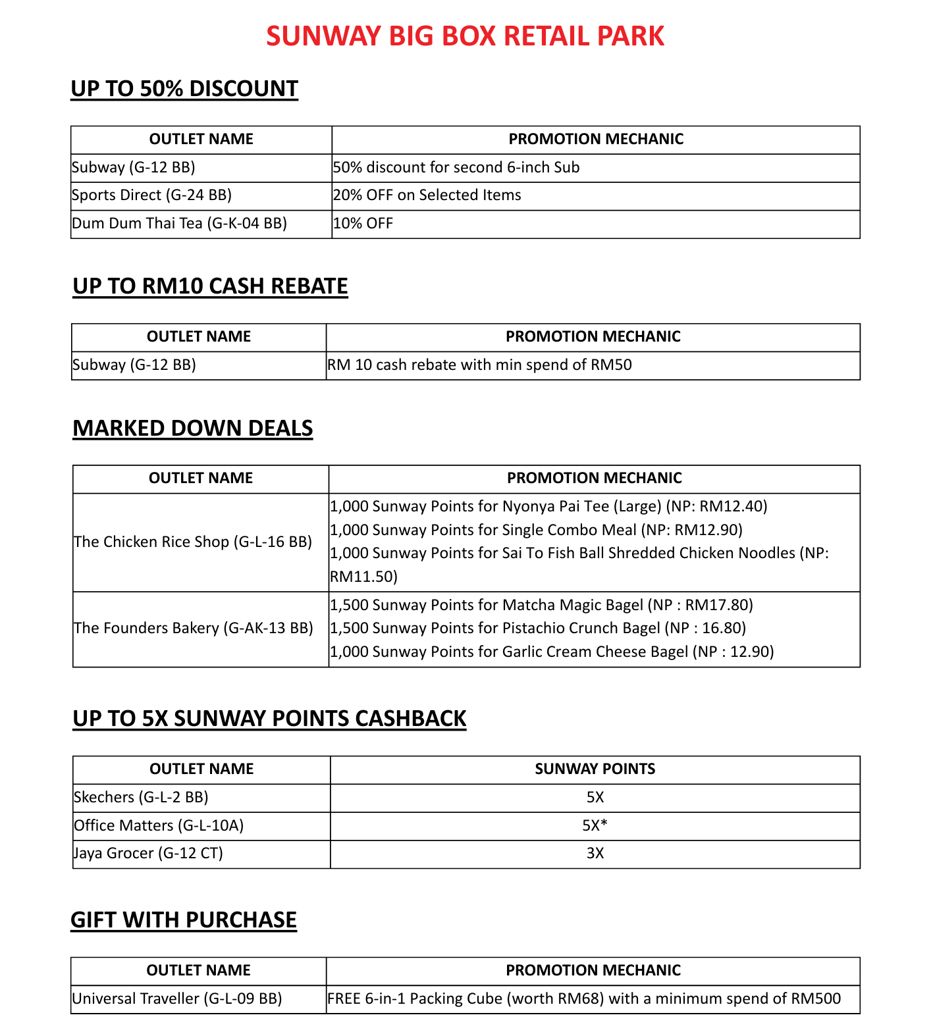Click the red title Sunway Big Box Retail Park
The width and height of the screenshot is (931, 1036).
pyautogui.click(x=465, y=36)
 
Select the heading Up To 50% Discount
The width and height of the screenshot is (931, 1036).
pyautogui.click(x=184, y=89)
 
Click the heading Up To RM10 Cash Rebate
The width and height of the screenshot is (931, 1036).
pyautogui.click(x=210, y=286)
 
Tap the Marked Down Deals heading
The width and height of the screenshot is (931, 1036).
pyautogui.click(x=192, y=428)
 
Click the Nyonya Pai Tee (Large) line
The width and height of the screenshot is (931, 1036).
pyautogui.click(x=548, y=507)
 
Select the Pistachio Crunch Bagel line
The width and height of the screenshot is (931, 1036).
pyautogui.click(x=538, y=629)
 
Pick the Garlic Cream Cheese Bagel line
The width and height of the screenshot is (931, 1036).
pyautogui.click(x=552, y=652)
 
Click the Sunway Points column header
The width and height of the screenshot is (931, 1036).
pyautogui.click(x=595, y=769)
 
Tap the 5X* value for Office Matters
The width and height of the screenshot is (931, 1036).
pyautogui.click(x=595, y=826)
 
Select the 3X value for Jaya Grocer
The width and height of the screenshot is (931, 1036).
pyautogui.click(x=595, y=854)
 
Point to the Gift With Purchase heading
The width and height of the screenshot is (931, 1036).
pyautogui.click(x=184, y=920)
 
